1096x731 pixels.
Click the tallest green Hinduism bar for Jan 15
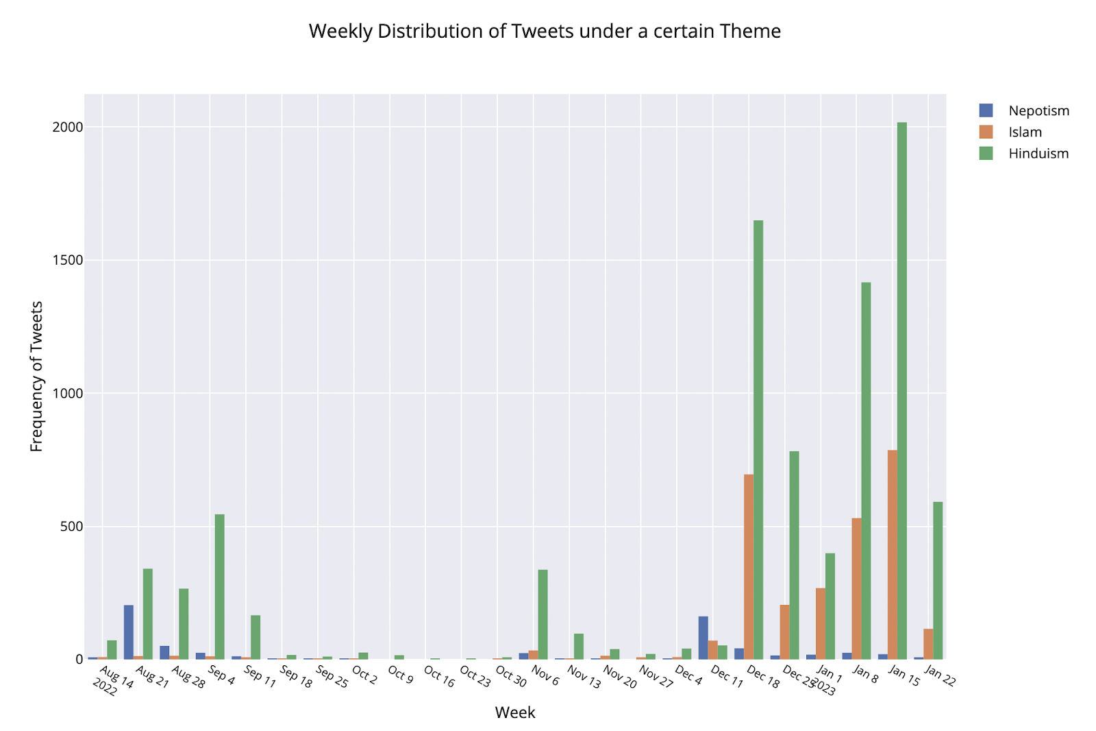tap(902, 391)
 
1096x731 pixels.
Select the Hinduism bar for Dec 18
tap(758, 439)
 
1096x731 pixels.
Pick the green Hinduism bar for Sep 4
tap(219, 586)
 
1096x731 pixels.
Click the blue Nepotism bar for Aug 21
tap(129, 632)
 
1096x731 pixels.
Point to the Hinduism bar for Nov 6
tap(543, 614)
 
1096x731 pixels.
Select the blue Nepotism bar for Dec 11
tap(703, 638)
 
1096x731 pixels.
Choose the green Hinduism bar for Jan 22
tap(938, 580)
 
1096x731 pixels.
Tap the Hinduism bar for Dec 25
tap(794, 555)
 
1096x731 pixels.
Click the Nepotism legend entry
tap(1038, 111)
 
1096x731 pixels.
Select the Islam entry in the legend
tap(1025, 132)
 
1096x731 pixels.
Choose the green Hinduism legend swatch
tap(986, 154)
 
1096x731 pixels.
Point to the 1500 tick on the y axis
tap(67, 261)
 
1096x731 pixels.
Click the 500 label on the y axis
tap(71, 527)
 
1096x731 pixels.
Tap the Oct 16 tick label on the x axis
tap(439, 677)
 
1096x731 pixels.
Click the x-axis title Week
tap(515, 712)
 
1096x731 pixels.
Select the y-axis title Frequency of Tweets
tap(37, 376)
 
